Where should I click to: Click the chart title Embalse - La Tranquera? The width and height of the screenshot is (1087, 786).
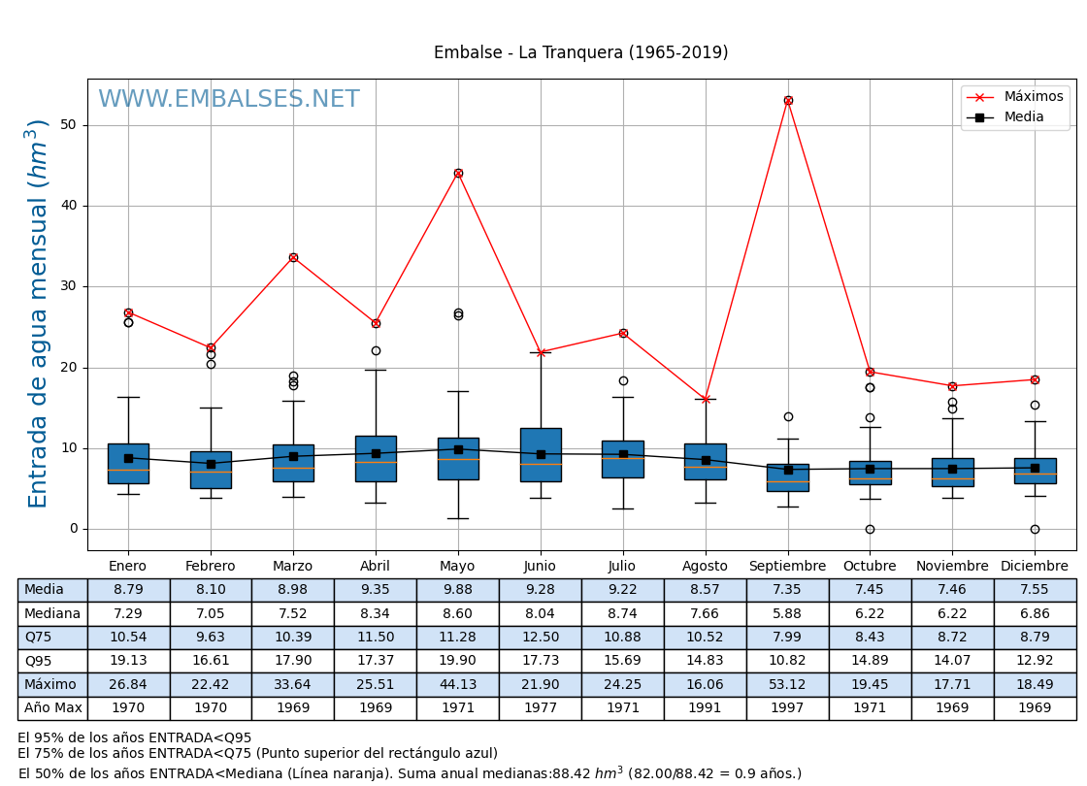(x=580, y=53)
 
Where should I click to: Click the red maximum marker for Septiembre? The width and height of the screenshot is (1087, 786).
(x=788, y=100)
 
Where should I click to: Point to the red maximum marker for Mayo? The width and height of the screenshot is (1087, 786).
(x=458, y=173)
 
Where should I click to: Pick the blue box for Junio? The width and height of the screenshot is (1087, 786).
(x=541, y=454)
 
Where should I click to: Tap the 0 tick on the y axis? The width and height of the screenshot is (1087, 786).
(x=74, y=529)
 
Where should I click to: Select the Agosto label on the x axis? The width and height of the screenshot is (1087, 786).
(x=705, y=567)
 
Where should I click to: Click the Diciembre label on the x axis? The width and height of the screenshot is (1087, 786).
(x=1035, y=567)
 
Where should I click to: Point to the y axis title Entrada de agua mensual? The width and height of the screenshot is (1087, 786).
(x=38, y=313)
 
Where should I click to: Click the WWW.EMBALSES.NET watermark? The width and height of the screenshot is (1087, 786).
(x=229, y=100)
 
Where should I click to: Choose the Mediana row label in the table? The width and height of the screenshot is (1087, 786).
(x=52, y=614)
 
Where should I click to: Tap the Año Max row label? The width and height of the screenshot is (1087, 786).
(x=52, y=708)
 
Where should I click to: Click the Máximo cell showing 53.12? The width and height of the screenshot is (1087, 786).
(x=787, y=685)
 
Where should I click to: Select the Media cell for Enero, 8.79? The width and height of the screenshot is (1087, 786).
(x=128, y=590)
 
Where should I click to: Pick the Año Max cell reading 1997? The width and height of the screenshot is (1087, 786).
(x=787, y=708)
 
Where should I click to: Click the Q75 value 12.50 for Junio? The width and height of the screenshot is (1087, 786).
(x=540, y=638)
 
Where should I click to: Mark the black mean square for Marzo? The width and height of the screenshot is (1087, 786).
(x=293, y=456)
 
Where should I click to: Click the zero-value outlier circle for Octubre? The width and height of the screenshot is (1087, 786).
(x=870, y=529)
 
